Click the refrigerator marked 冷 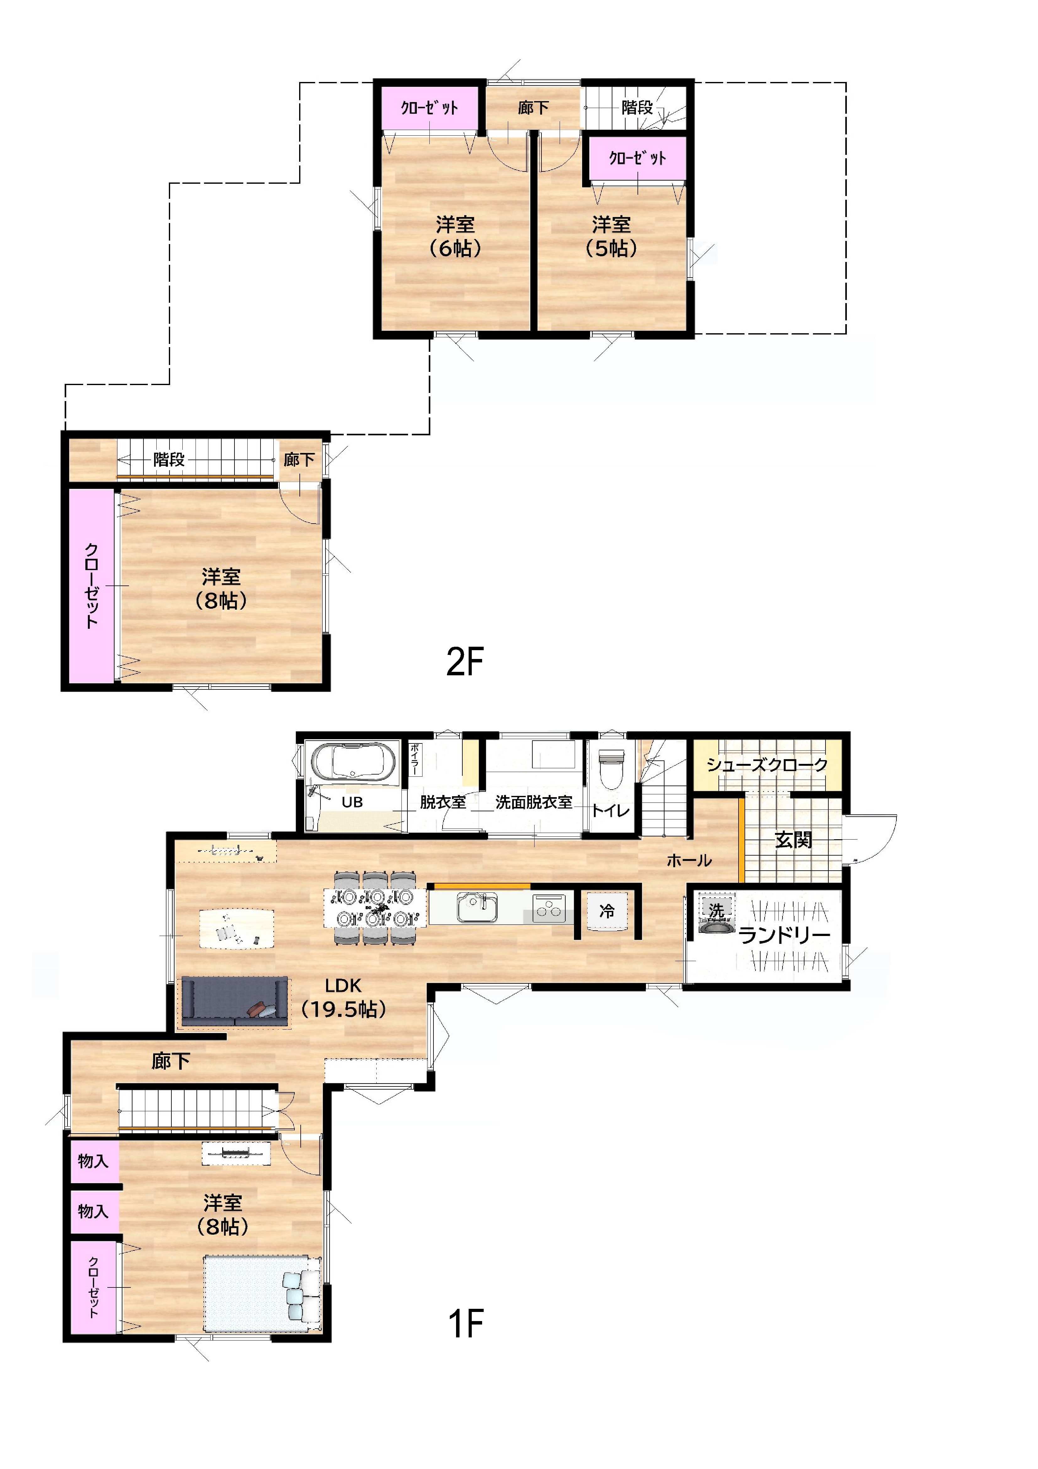[x=607, y=911]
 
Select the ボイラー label [x=414, y=759]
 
